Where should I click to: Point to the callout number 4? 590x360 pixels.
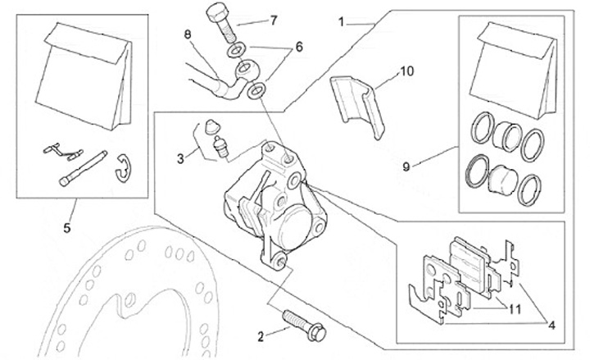click(x=552, y=325)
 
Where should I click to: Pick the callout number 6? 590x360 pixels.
click(x=299, y=47)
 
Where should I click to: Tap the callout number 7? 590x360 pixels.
click(x=274, y=20)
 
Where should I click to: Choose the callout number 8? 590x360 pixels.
click(x=188, y=34)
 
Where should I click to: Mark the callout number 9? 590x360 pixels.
click(x=408, y=166)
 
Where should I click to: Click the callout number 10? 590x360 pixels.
click(x=407, y=72)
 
